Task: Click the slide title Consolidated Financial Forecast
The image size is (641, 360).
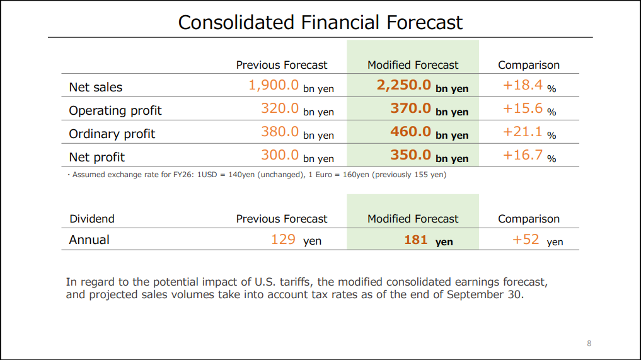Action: pos(320,23)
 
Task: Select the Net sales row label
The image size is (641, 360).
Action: pos(96,87)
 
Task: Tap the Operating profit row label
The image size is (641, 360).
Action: pos(115,110)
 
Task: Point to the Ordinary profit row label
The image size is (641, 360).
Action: pos(112,134)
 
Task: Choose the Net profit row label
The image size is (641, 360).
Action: pos(97,157)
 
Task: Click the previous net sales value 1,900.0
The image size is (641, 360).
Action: pos(274,85)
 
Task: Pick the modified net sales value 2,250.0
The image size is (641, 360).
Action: pos(404,85)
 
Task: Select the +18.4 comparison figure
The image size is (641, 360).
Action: pos(523,85)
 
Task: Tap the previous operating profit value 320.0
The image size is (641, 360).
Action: pos(280,108)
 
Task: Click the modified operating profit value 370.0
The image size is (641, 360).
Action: pos(411,108)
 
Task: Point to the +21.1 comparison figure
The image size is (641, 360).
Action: pos(523,132)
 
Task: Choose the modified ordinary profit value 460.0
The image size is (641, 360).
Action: pos(411,132)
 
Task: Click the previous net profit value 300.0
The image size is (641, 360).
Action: pos(280,155)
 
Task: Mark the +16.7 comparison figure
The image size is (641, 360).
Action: pos(523,155)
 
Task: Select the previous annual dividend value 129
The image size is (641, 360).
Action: pos(283,240)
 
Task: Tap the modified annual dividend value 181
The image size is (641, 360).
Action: pos(416,240)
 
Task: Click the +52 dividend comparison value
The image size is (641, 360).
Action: pos(526,240)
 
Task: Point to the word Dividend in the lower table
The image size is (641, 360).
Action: pos(92,219)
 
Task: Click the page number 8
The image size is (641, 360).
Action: pos(589,343)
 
